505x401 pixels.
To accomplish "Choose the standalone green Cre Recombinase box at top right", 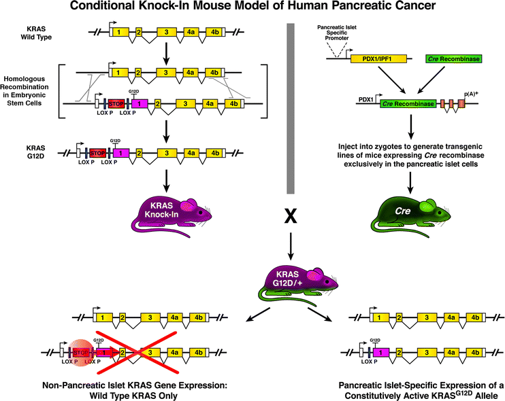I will click(x=454, y=60).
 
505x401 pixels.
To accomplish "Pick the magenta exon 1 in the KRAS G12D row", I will click(x=116, y=152).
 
